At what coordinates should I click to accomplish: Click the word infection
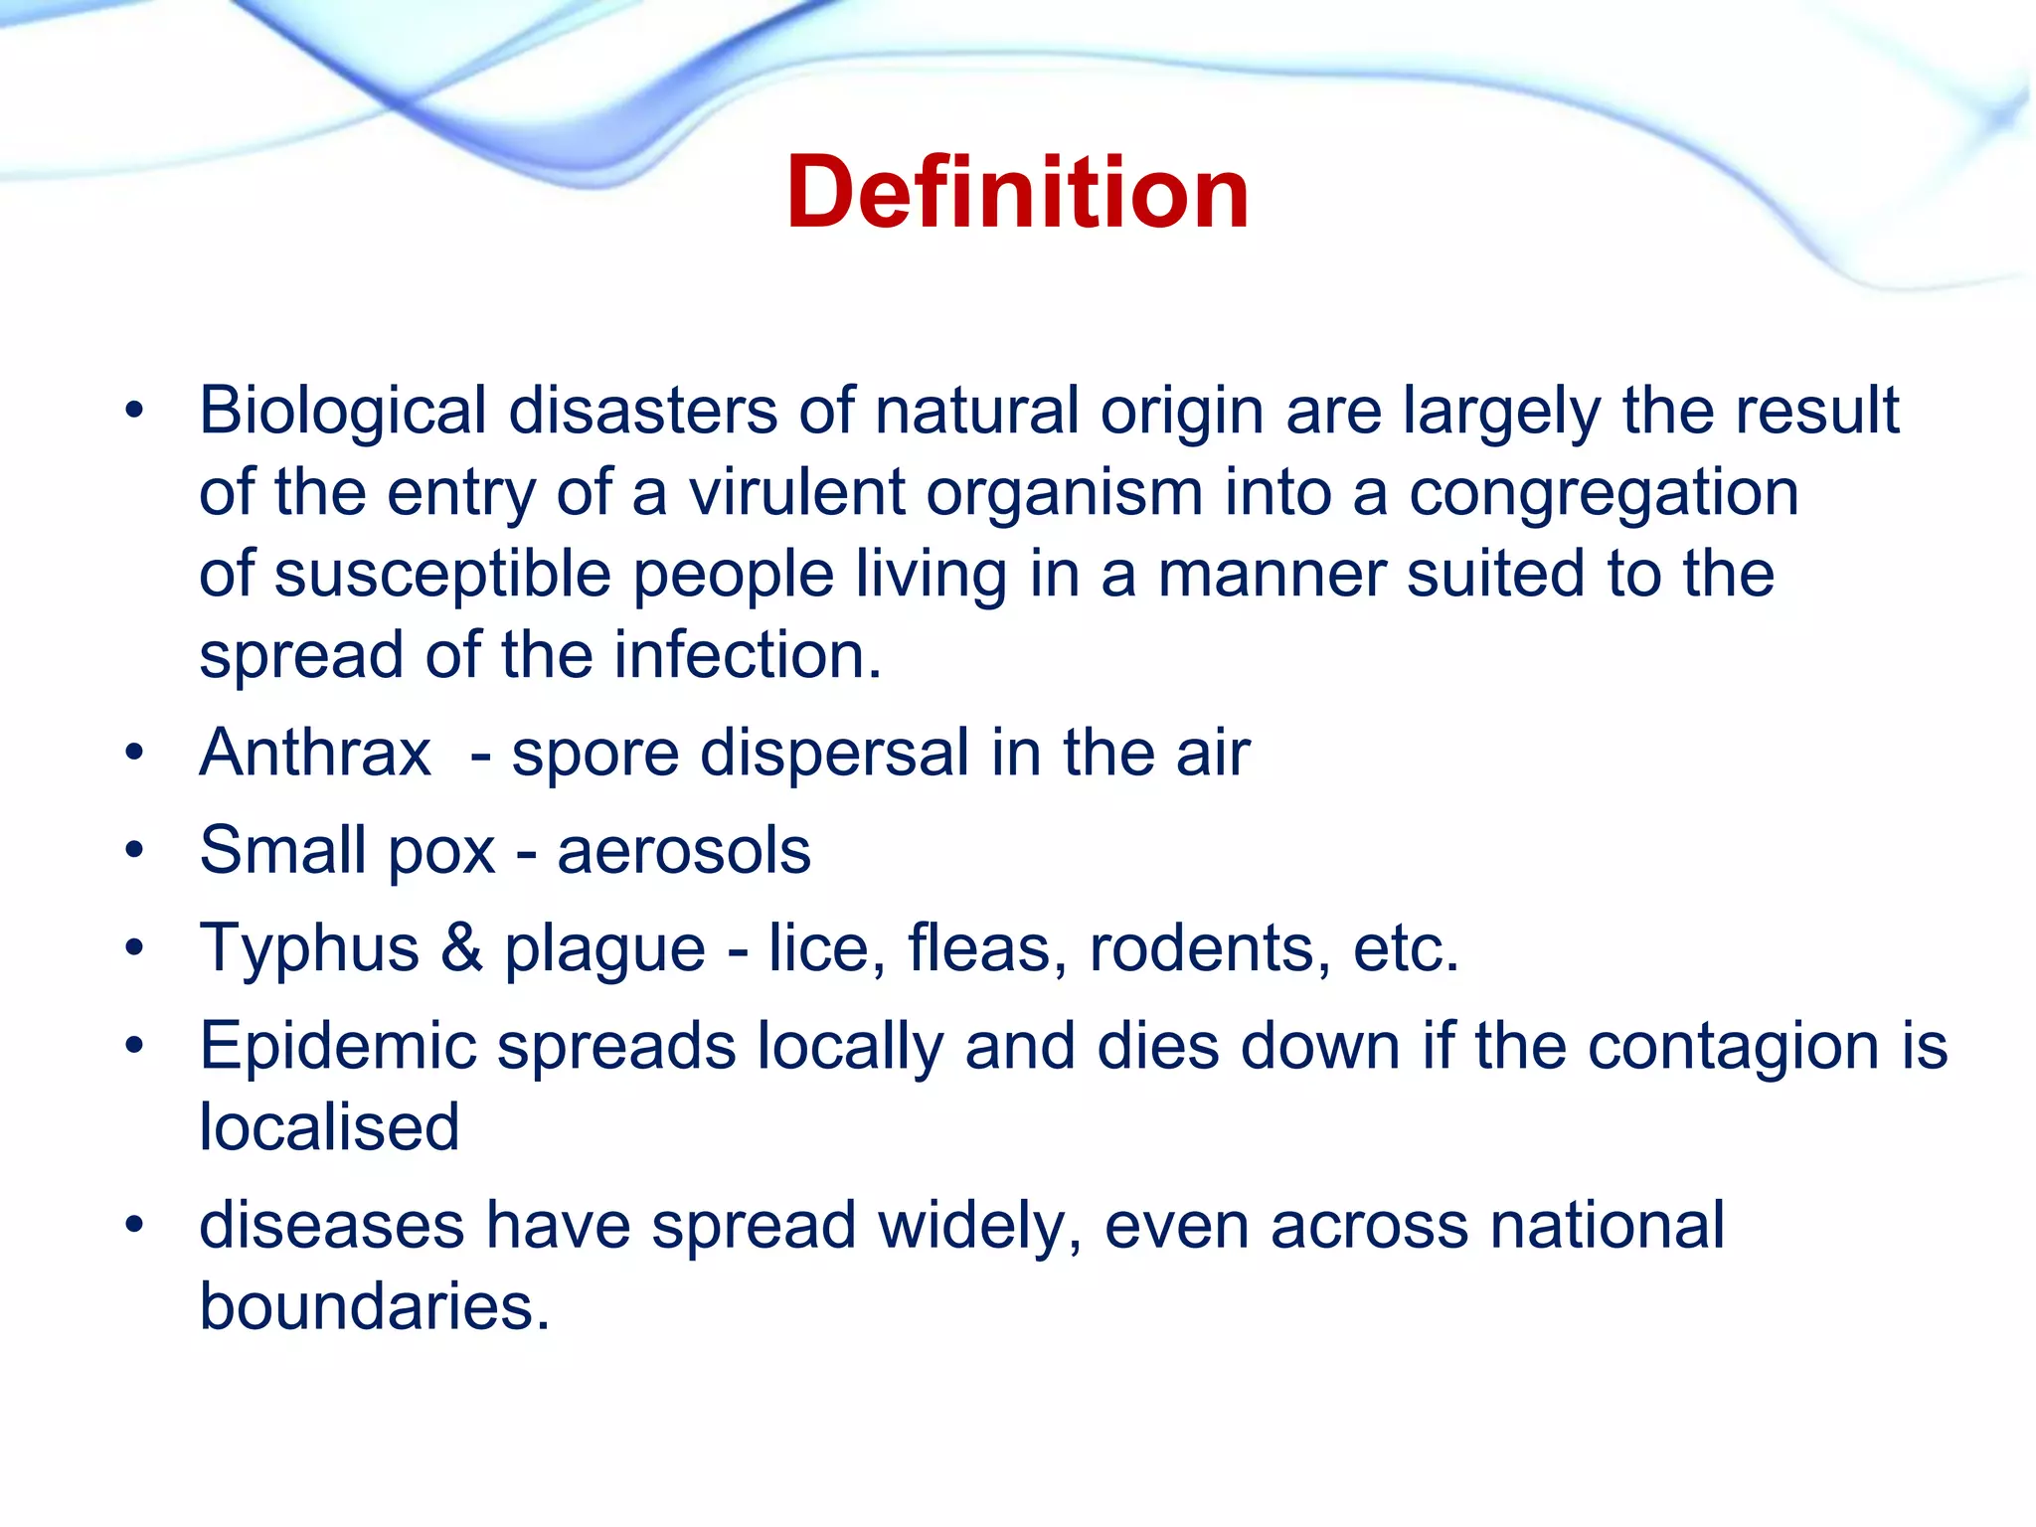[x=747, y=656]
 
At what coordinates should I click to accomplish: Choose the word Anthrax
[x=315, y=753]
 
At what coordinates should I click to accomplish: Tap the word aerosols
[x=684, y=852]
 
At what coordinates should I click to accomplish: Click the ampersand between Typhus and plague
[x=461, y=947]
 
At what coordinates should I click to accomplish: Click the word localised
[x=329, y=1127]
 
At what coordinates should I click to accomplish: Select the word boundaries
[x=374, y=1306]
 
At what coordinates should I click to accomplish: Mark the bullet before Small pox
[x=135, y=852]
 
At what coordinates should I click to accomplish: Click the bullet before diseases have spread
[x=135, y=1225]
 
